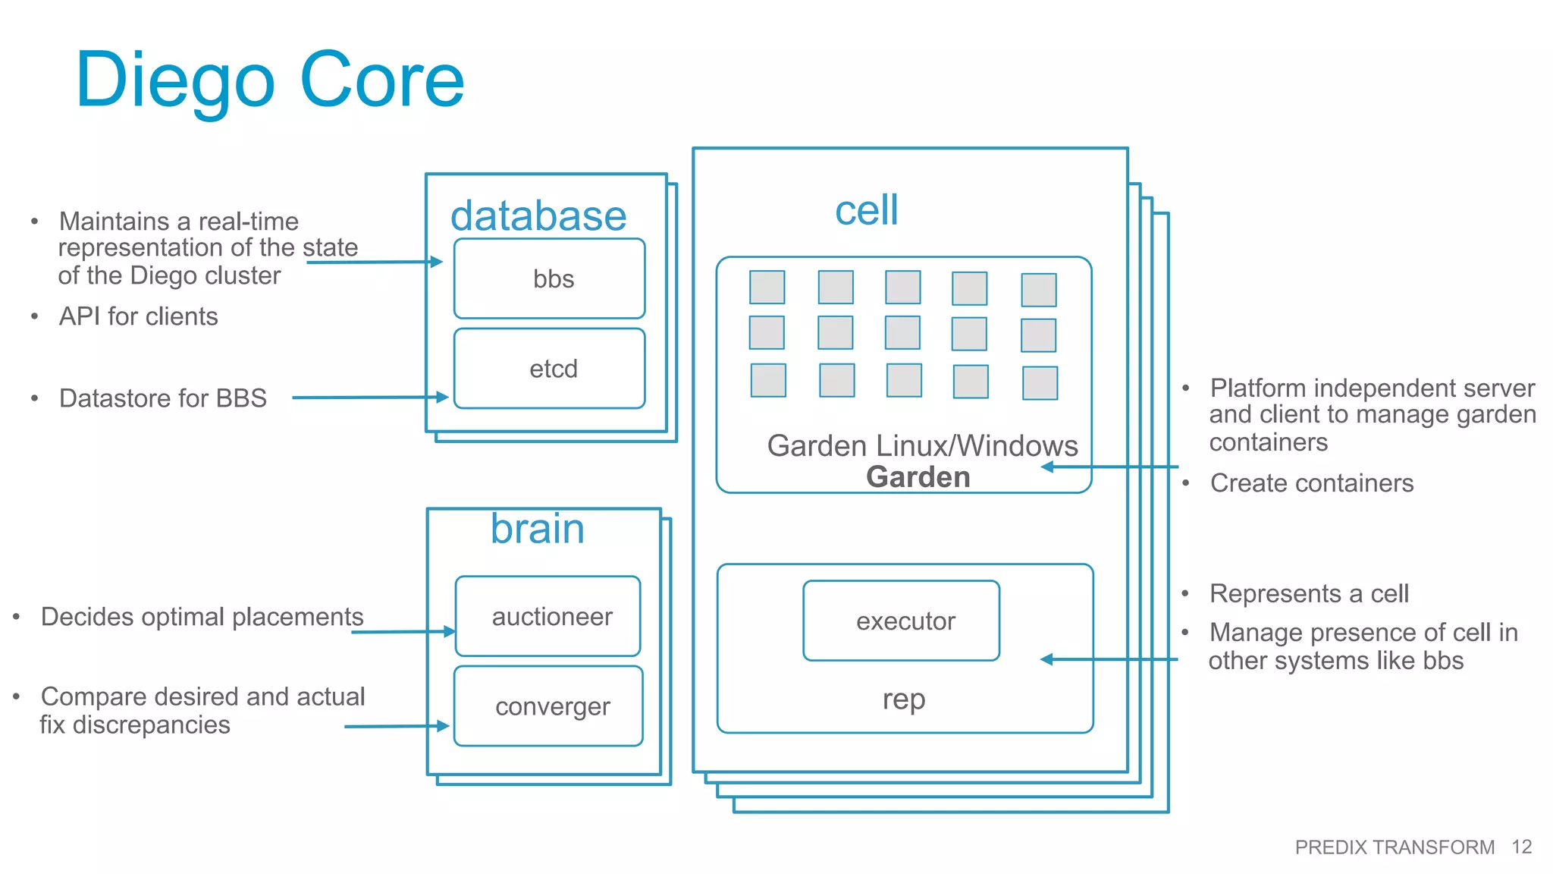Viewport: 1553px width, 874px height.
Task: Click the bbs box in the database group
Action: tap(550, 278)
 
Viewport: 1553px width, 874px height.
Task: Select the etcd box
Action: tap(550, 369)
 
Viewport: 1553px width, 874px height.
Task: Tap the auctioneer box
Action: tap(548, 616)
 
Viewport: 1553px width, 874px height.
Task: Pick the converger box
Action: tap(548, 706)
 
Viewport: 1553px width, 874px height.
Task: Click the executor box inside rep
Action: tap(902, 621)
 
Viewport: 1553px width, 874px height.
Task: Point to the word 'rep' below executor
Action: tap(904, 699)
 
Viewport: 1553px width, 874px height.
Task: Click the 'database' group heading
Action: tap(538, 216)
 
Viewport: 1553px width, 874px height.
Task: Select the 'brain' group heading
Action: tap(537, 529)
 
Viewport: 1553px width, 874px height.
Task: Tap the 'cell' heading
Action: tap(866, 210)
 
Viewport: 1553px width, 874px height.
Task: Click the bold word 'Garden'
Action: tap(918, 477)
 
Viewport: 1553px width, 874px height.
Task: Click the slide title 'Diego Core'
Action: tap(270, 80)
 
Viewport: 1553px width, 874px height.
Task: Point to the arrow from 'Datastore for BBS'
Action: tap(369, 397)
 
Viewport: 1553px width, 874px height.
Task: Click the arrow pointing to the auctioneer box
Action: tap(402, 631)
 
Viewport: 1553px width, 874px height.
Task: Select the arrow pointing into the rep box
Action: tap(1109, 659)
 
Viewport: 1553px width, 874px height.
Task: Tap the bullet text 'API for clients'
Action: tap(139, 316)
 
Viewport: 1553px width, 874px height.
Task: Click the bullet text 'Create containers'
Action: tap(1311, 483)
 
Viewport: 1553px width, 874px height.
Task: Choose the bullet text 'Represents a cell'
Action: tap(1309, 593)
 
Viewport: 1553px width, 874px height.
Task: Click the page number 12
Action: tap(1521, 847)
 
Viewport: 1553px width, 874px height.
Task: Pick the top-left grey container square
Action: tap(767, 288)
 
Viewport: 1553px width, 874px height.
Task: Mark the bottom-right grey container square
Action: tap(1040, 383)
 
